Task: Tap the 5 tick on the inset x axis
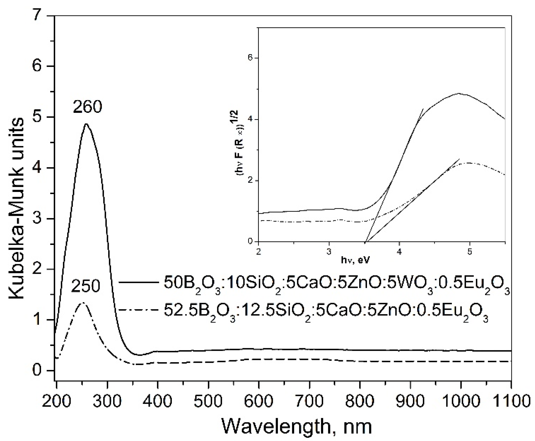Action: point(469,252)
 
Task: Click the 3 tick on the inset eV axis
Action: point(329,252)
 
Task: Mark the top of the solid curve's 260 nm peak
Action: point(86,124)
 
